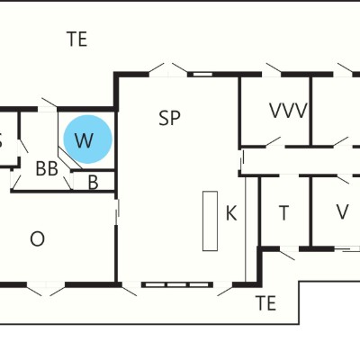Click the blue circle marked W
pyautogui.click(x=88, y=139)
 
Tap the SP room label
pyautogui.click(x=169, y=118)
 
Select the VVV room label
pyautogui.click(x=289, y=111)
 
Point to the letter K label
pyautogui.click(x=231, y=213)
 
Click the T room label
pyautogui.click(x=283, y=212)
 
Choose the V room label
pyautogui.click(x=342, y=211)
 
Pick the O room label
pyautogui.click(x=38, y=239)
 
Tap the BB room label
pyautogui.click(x=47, y=168)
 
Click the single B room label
pyautogui.click(x=93, y=183)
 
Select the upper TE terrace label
pyautogui.click(x=77, y=40)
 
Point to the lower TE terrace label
pyautogui.click(x=266, y=303)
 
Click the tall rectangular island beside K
pyautogui.click(x=210, y=220)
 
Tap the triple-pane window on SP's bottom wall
pyautogui.click(x=176, y=284)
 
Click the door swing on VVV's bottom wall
pyautogui.click(x=273, y=141)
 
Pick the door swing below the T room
pyautogui.click(x=287, y=255)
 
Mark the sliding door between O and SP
pyautogui.click(x=118, y=209)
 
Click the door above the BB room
pyautogui.click(x=49, y=103)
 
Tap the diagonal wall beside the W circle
pyautogui.click(x=70, y=157)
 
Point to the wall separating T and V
pyautogui.click(x=311, y=211)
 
